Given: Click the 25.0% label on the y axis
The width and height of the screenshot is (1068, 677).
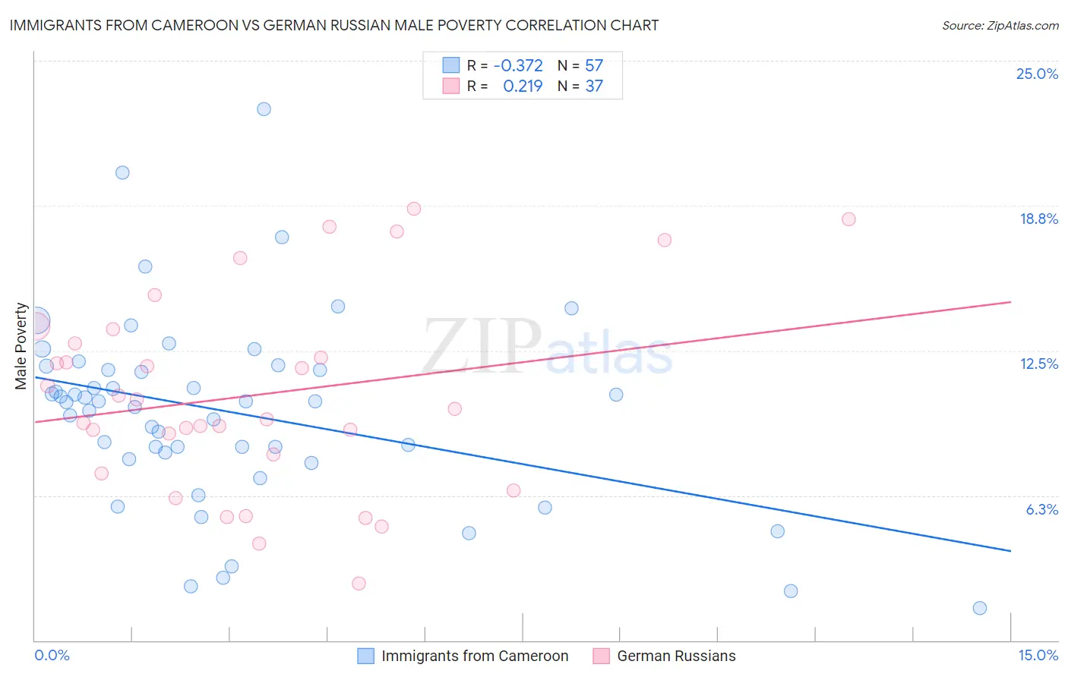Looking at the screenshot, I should point(1037,74).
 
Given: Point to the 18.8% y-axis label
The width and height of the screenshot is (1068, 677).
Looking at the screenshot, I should point(1038,219).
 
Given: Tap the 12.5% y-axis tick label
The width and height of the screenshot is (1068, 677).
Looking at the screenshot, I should point(1038,364).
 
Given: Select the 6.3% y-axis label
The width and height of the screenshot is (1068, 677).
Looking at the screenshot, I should point(1041,509).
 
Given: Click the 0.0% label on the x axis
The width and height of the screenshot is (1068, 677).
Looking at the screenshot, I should point(52,655).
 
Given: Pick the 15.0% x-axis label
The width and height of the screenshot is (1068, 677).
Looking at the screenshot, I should point(1038,655).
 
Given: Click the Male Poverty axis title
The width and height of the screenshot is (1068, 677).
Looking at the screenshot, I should point(21,346).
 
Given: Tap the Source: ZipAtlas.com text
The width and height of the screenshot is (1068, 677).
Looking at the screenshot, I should point(1000,25).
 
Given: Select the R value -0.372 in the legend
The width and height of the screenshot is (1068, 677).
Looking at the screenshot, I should point(518,65).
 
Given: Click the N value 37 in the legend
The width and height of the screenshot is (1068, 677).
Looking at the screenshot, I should point(594,86).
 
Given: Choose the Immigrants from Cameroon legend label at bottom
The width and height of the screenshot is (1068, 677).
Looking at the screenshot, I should point(475,656).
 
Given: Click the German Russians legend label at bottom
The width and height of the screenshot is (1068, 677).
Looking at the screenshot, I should point(676,656).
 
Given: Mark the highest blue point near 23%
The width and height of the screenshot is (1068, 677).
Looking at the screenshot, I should point(264,109).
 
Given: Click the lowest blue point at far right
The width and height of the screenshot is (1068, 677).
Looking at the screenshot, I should point(980,608).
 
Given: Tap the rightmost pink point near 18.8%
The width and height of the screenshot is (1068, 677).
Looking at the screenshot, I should point(848,219).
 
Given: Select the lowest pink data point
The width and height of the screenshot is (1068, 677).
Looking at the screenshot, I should point(359,584).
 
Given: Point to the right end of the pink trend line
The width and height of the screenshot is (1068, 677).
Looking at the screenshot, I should point(1011,302).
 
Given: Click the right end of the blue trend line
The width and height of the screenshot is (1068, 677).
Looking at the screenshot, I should point(1011,551).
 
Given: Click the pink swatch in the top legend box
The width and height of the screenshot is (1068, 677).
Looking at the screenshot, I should point(451,86).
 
